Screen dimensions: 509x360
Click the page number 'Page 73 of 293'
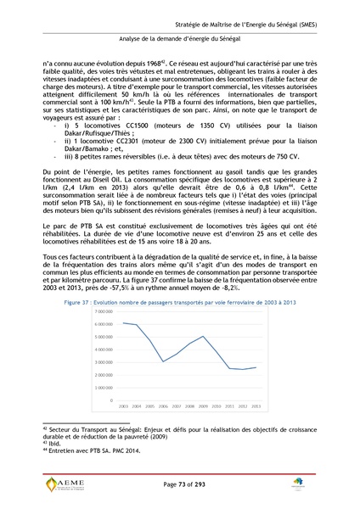point(180,483)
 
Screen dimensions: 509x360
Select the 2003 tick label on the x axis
point(122,406)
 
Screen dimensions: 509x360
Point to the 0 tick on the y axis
point(111,400)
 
